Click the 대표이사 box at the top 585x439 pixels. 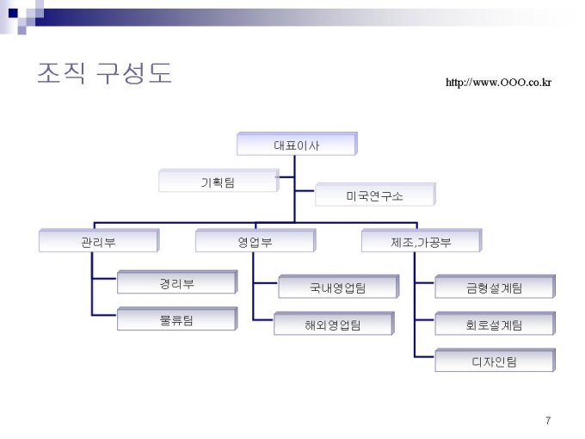(296, 145)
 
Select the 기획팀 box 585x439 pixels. (218, 181)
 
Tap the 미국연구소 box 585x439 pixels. (374, 195)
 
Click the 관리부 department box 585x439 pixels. (98, 242)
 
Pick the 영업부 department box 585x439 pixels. (255, 242)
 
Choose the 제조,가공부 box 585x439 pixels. (421, 242)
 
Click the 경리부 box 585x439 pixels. (176, 282)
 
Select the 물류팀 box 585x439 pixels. (176, 319)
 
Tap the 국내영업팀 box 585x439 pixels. (337, 288)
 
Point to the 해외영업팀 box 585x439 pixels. (333, 324)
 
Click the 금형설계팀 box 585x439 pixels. (495, 288)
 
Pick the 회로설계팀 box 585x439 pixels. (495, 325)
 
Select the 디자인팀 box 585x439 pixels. (495, 361)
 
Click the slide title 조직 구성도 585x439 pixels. (104, 73)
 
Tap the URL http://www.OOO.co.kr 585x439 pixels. (498, 83)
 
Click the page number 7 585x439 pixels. (548, 420)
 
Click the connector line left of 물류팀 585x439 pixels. (104, 318)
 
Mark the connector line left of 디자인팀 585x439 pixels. (424, 356)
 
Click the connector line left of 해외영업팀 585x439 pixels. (264, 320)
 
